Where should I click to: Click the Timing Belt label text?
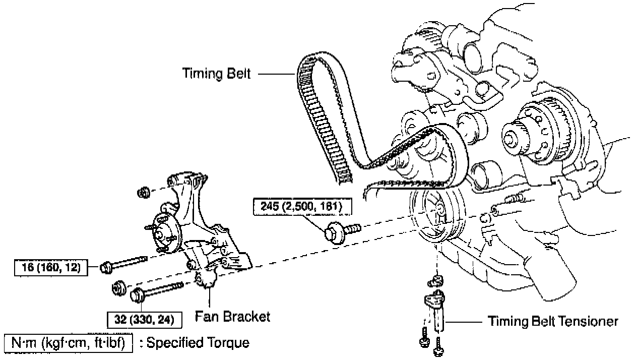tap(216, 74)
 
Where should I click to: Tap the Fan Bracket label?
tap(232, 317)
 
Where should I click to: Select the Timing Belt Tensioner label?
tap(553, 321)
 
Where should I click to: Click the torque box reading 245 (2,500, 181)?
tap(301, 206)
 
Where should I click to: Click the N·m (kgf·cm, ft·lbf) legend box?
tap(68, 343)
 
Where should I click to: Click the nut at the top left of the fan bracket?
tap(144, 192)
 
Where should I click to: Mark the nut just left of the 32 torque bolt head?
tap(119, 287)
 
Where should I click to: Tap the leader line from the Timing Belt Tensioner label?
tap(463, 321)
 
